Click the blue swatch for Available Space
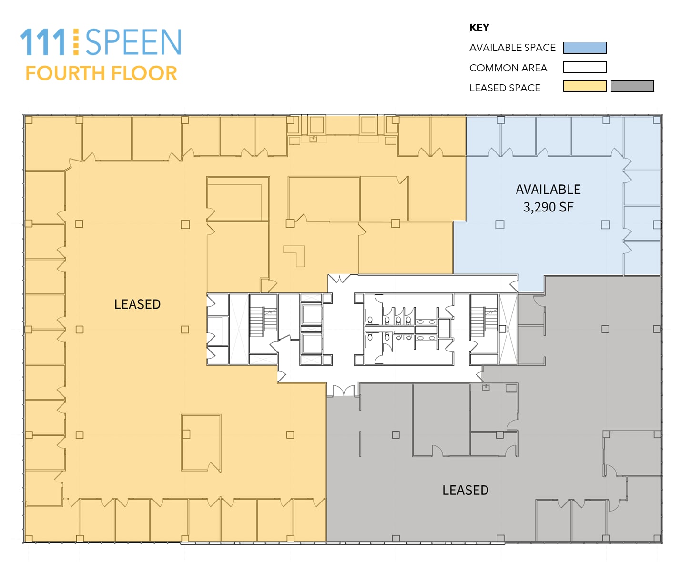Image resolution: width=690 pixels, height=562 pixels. pos(585,48)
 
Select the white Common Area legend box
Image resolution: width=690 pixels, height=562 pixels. pos(585,67)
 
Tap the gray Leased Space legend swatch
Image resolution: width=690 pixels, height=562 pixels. pos(632,86)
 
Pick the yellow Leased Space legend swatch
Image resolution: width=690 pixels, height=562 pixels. pos(585,86)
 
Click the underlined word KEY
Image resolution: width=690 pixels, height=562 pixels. pos(479,28)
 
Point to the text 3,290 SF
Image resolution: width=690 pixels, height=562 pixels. pos(548,207)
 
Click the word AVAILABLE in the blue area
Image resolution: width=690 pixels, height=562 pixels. pos(548,190)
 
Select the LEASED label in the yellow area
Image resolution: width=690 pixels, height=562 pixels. pos(137,304)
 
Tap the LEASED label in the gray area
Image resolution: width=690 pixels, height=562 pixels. pos(465,490)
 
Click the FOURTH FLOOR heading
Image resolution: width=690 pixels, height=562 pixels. pos(101,73)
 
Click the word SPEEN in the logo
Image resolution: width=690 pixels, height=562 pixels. pos(133,42)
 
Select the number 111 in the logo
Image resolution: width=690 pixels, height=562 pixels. pos(43,42)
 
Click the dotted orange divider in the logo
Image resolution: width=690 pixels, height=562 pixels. pos(76,41)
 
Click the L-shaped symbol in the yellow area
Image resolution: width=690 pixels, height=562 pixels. pos(296,255)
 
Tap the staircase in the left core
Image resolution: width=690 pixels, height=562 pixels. pos(264,322)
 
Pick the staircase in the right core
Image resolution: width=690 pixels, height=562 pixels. pos(484,322)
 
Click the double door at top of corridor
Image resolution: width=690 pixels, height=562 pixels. pos(339,279)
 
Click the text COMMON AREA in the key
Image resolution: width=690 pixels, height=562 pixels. pos(508,68)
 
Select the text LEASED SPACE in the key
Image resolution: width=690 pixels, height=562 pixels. pos(505,88)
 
